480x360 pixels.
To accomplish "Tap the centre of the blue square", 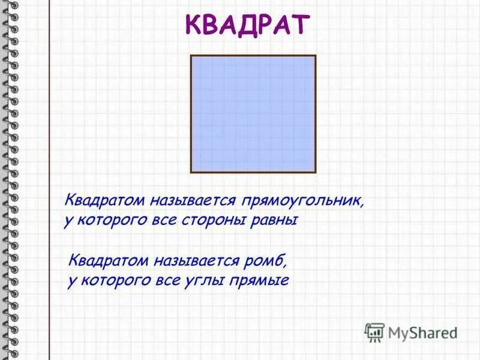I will click(x=253, y=114).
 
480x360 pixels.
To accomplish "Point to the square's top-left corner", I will click(x=191, y=56).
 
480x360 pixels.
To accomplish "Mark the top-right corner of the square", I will click(x=315, y=56).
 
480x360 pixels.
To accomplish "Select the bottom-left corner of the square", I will click(x=191, y=172).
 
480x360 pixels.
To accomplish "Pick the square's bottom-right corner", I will click(x=315, y=172).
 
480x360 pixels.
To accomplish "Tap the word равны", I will click(x=277, y=220).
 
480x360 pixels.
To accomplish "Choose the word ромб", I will click(x=268, y=260).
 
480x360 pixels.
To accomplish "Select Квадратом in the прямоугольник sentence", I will click(x=102, y=199).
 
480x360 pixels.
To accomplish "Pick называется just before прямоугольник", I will click(x=191, y=199).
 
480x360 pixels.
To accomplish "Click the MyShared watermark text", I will click(x=422, y=332).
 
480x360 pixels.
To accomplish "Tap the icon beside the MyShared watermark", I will click(x=374, y=332).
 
